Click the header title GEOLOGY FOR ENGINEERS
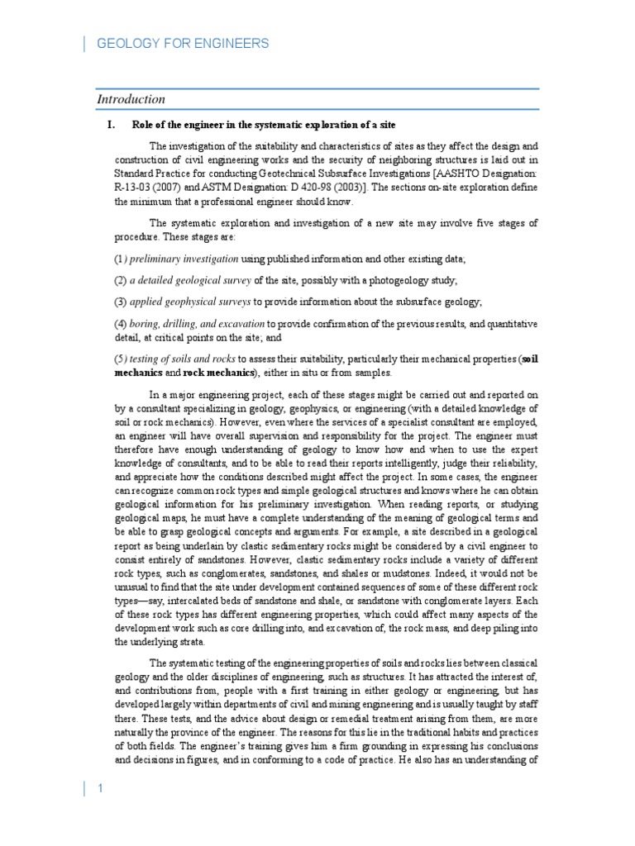183,44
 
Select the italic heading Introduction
131,99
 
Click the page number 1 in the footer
99,789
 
